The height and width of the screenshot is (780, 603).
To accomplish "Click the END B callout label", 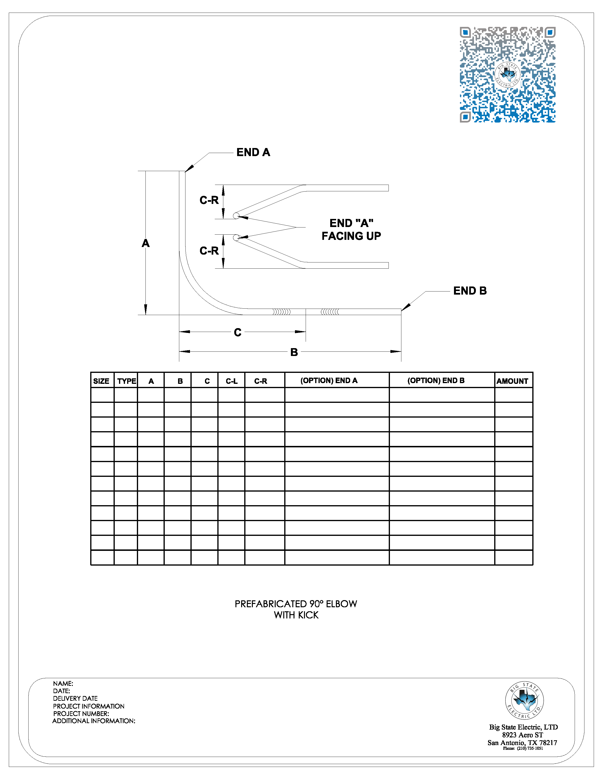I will [470, 291].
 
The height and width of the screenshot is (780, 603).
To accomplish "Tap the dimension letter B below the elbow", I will [294, 352].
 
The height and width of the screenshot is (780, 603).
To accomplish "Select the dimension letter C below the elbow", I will [238, 332].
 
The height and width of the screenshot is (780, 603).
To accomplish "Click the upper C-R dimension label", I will [209, 200].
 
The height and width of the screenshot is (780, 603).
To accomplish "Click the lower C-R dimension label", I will [209, 251].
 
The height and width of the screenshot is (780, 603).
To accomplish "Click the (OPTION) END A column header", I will [329, 381].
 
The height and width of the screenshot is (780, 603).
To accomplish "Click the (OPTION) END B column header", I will [436, 381].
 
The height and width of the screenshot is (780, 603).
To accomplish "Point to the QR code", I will [507, 75].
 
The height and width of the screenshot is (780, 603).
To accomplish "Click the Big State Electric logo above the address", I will [524, 700].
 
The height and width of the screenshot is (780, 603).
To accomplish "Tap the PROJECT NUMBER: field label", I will [81, 714].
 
